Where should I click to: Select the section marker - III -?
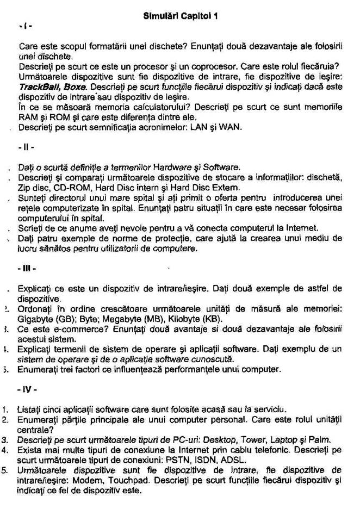point(27,269)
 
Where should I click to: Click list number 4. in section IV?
point(5,449)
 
